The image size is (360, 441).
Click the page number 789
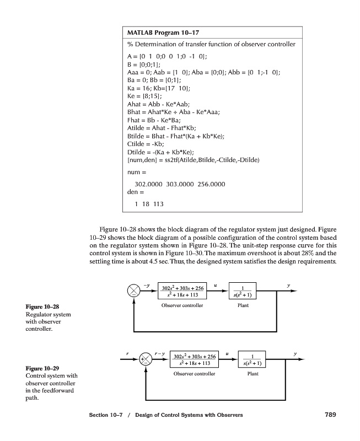coord(327,415)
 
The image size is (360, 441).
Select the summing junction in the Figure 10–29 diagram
coord(147,358)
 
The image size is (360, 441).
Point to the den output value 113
coord(158,204)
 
